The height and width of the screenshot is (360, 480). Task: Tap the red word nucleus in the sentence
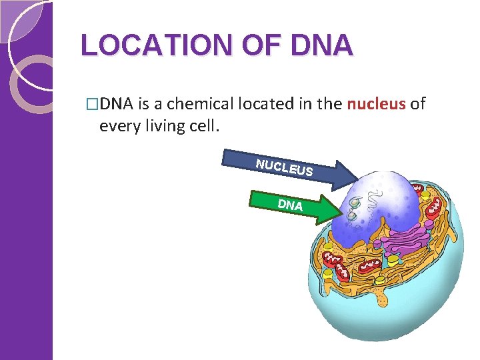376,104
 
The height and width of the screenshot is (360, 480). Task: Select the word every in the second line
117,125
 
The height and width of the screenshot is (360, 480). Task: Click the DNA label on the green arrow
290,205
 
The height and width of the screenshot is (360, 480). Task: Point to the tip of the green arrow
339,211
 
